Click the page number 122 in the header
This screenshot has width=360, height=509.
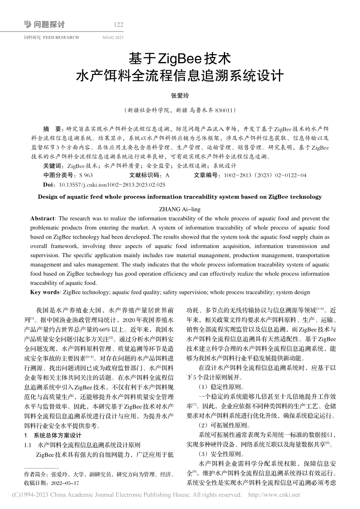[119, 25]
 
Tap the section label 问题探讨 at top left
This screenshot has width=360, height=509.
[49, 25]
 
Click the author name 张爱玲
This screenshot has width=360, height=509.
[180, 96]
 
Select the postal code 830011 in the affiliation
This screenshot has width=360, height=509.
[225, 111]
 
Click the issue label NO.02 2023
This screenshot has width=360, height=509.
[113, 37]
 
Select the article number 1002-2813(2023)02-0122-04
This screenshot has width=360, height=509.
[265, 175]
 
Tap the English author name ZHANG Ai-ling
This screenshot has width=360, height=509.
[180, 209]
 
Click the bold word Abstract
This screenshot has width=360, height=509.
[42, 219]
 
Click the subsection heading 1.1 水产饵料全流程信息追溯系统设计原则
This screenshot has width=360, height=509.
[82, 445]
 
